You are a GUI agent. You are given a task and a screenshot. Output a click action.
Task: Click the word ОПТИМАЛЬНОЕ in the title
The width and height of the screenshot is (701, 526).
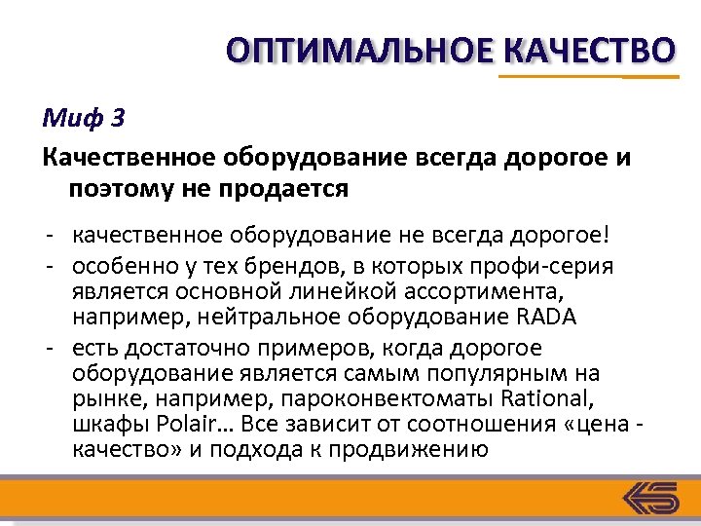point(360,50)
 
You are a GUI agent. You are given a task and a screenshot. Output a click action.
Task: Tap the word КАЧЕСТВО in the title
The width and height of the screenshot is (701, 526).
point(590,50)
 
